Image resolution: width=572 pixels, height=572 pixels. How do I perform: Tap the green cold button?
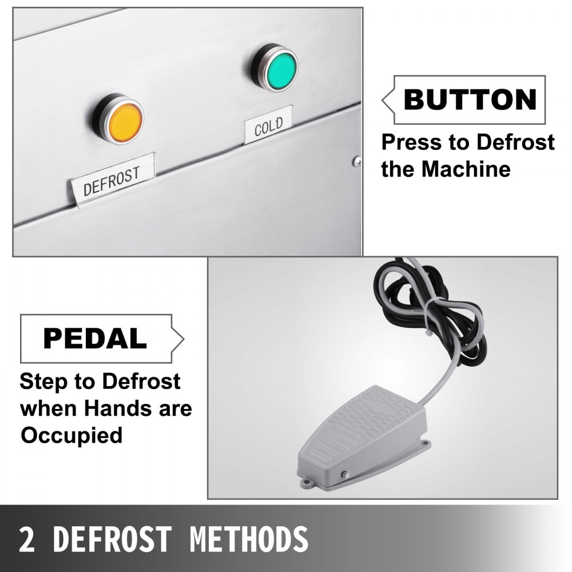pos(281,69)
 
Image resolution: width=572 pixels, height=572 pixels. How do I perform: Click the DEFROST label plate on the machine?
pos(113,180)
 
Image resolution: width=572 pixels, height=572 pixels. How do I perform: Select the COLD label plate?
pos(268,125)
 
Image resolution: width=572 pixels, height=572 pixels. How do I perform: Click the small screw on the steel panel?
pos(357,162)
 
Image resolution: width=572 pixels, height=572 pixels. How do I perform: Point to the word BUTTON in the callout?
pos(470,99)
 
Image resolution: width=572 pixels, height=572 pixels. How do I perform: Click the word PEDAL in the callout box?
pos(95,339)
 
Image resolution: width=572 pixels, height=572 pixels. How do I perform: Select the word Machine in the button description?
pos(466,169)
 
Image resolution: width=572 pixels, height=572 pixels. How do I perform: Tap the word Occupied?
pos(71,435)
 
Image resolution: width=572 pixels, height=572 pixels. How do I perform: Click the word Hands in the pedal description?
pos(117,408)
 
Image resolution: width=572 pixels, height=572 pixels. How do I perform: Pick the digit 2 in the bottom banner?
pos(27,539)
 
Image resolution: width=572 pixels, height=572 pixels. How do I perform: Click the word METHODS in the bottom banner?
pos(249,539)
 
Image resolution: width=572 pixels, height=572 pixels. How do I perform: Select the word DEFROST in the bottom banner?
pos(112,539)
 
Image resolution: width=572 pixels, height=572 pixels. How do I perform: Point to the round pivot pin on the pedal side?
pos(344,475)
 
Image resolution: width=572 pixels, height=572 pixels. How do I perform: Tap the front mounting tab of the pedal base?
pos(307,484)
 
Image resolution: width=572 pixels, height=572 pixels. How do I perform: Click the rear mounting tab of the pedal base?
pos(425,444)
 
